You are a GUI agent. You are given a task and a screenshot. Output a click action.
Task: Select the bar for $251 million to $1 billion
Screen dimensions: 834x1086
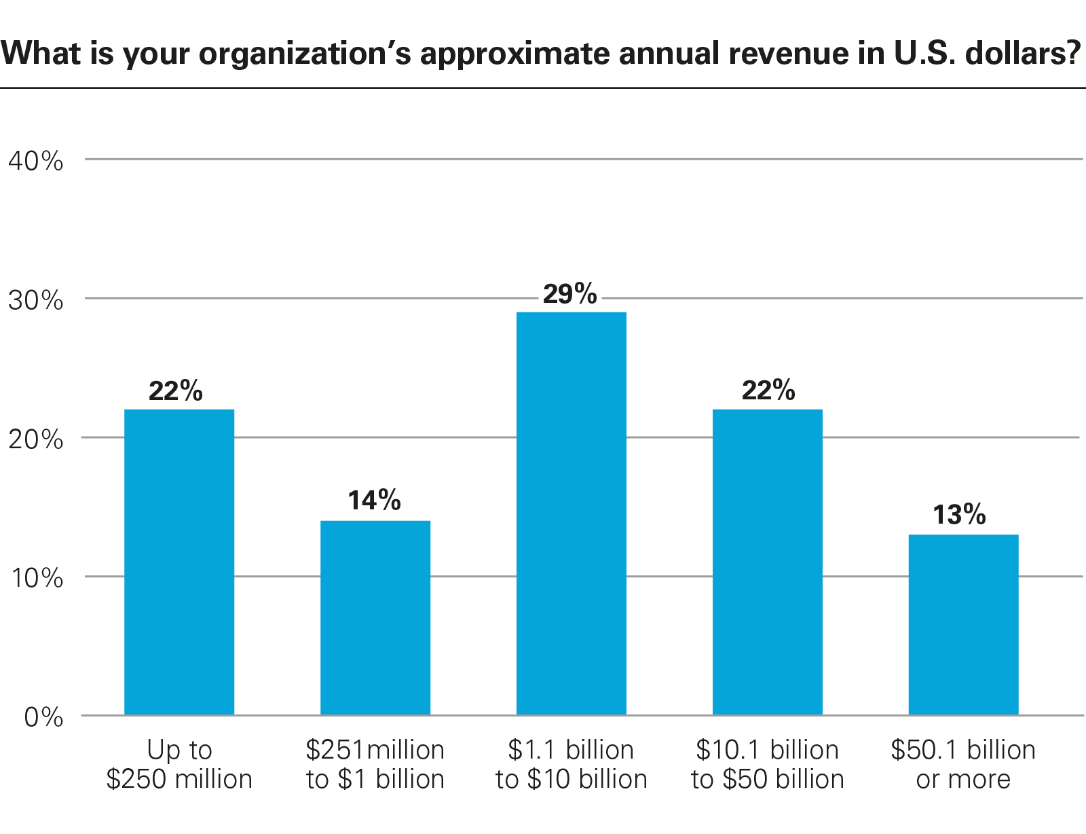(375, 617)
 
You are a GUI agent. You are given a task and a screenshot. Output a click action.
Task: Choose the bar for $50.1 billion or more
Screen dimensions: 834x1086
(963, 624)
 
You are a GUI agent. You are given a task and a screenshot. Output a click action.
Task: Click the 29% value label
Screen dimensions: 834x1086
(570, 294)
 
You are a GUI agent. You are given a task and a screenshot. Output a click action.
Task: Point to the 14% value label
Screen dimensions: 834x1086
(374, 501)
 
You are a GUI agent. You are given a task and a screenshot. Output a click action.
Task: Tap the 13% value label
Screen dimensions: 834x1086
(959, 515)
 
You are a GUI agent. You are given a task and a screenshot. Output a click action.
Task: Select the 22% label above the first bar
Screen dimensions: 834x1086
(176, 391)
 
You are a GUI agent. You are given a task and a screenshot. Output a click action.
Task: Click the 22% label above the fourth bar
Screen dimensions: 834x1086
(768, 391)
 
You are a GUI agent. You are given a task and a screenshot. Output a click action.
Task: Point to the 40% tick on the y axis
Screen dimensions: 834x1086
(35, 162)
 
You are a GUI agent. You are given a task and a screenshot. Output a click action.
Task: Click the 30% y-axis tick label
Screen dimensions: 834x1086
(35, 300)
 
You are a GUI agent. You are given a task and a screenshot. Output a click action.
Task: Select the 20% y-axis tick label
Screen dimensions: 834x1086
(35, 439)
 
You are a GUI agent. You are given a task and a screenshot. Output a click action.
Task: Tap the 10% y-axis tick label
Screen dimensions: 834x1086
(35, 578)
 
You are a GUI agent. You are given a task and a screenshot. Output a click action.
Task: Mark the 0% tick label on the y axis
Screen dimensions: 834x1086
(43, 717)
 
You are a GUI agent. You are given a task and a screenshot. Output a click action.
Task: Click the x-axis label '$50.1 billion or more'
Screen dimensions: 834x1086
(963, 765)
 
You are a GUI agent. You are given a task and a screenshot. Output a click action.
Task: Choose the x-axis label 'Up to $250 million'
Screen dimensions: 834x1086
(179, 765)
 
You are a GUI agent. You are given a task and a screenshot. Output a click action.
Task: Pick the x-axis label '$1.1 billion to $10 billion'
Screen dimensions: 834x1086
(572, 765)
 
